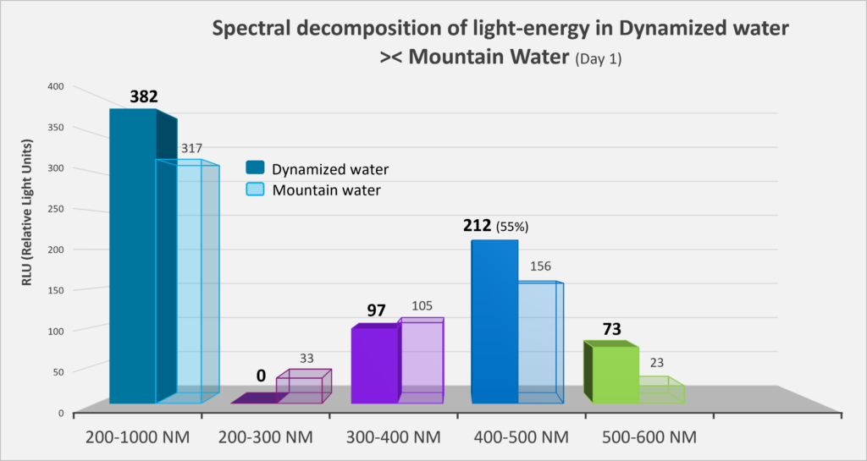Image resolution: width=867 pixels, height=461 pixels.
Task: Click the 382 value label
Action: pyautogui.click(x=144, y=96)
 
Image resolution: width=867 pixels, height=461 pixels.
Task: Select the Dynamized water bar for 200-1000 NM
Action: pyautogui.click(x=132, y=254)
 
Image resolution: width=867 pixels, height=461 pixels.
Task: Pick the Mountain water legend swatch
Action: pyautogui.click(x=254, y=189)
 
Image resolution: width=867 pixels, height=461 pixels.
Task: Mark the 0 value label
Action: pyautogui.click(x=261, y=376)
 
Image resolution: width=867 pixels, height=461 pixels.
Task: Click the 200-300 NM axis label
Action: pyautogui.click(x=265, y=437)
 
